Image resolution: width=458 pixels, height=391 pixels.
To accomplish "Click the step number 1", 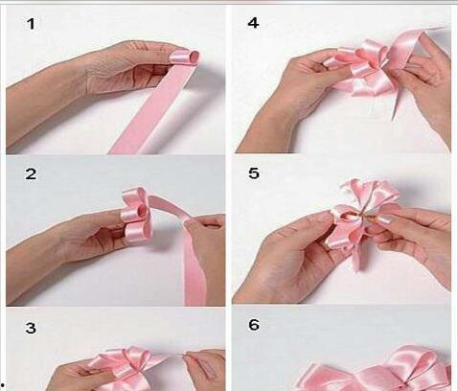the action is pos(31,24).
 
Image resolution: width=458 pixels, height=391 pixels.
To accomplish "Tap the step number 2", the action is pos(31,174).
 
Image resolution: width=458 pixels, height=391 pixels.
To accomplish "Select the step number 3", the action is pos(31,328).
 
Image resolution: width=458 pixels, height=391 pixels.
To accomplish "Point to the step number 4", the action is pos(253,23).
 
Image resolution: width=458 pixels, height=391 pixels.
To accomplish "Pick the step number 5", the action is pos(254,173).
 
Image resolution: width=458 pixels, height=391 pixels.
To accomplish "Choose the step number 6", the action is pos(254,325).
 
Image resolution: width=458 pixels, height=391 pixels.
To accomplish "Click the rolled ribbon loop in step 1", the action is pos(186,58).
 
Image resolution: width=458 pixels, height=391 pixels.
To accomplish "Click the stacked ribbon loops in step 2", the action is pos(136,213).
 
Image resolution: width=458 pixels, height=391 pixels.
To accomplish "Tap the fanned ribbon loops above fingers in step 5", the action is pos(371,194).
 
